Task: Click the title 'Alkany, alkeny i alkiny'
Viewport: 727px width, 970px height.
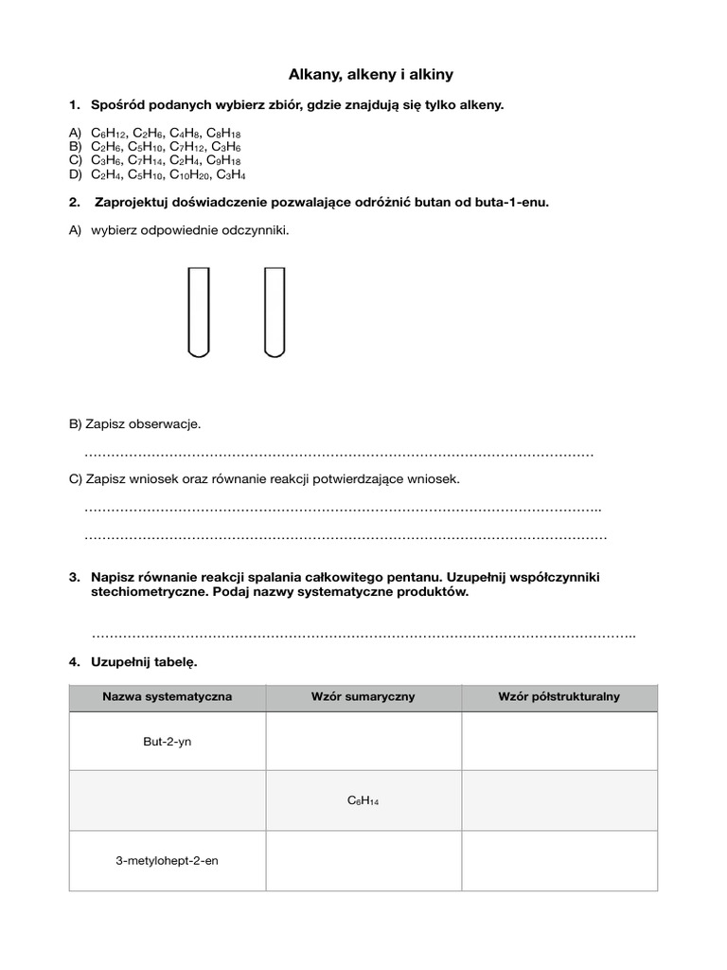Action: click(x=364, y=73)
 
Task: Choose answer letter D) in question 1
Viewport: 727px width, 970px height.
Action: click(x=76, y=174)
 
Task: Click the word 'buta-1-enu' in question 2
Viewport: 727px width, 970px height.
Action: click(x=515, y=202)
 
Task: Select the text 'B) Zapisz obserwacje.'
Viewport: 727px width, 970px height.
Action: click(x=134, y=423)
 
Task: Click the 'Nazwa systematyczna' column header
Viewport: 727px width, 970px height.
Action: click(x=167, y=696)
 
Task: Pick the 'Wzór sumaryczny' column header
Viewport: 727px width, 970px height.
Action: click(x=363, y=696)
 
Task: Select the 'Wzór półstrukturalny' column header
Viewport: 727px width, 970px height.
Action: click(x=559, y=696)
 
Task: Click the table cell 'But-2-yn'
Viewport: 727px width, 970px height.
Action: click(x=167, y=742)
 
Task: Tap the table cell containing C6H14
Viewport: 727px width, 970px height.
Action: click(x=363, y=801)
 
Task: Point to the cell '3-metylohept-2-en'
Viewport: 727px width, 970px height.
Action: click(x=167, y=861)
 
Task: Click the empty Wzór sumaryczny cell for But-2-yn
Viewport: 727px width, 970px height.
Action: click(x=363, y=742)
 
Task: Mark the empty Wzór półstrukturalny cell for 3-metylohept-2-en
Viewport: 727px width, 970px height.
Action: click(x=559, y=861)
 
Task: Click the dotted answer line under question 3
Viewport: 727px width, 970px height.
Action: click(x=363, y=633)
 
